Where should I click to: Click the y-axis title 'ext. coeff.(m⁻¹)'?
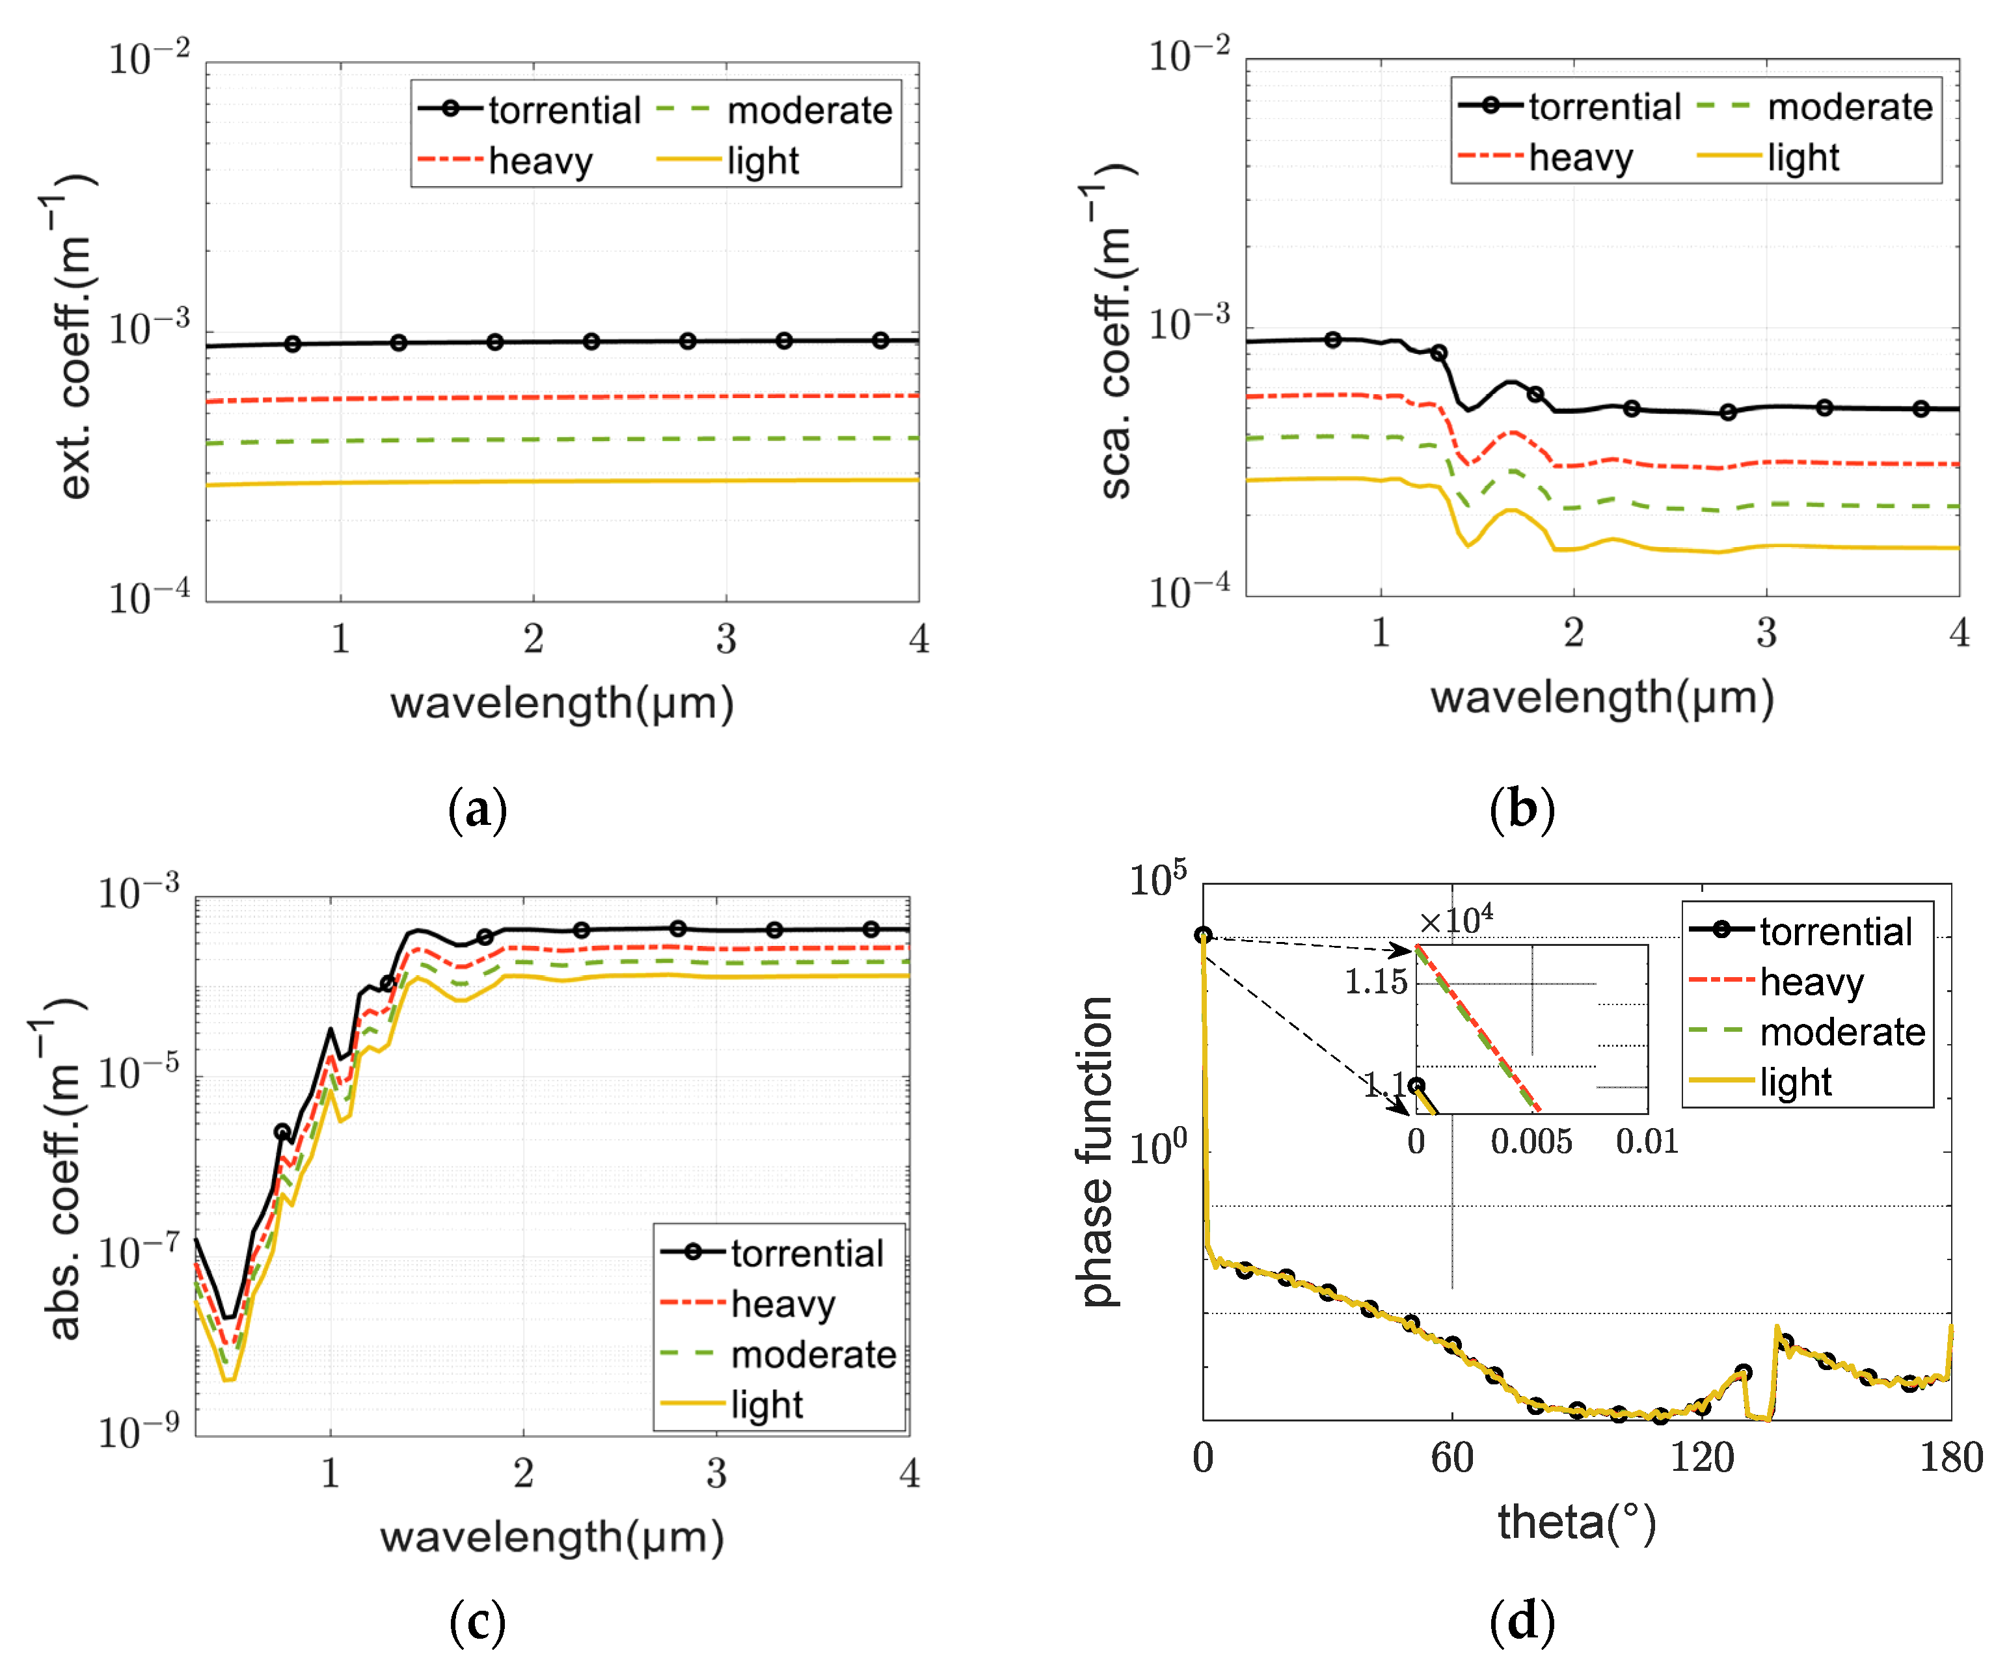click(x=75, y=337)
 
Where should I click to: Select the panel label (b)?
click(x=1521, y=809)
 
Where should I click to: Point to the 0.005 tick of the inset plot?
click(x=1531, y=1141)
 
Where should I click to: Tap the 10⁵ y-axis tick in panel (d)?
click(x=1157, y=878)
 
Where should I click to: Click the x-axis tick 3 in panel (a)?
click(x=726, y=639)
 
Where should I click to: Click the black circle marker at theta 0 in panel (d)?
click(x=1204, y=934)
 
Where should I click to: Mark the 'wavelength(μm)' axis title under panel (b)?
click(x=1602, y=697)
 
